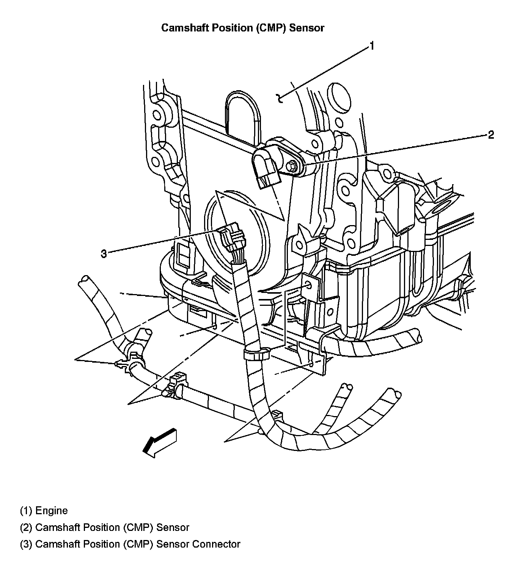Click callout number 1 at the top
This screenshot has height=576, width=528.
coord(372,46)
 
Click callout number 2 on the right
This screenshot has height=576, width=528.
coord(491,135)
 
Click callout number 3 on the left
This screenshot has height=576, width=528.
coord(104,254)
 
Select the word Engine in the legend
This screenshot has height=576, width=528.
coord(51,511)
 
